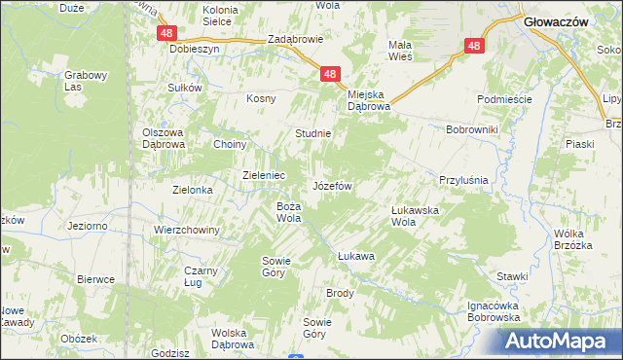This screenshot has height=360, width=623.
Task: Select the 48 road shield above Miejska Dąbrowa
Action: coord(331,74)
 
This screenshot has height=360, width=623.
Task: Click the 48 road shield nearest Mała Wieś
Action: coord(474,46)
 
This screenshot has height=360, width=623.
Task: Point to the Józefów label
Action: coord(331,185)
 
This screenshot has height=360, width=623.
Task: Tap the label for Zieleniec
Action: coord(263,175)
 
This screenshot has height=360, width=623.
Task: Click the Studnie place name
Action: coord(313,133)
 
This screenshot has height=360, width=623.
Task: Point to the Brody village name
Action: coord(340,293)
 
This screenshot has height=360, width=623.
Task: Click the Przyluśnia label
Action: coord(463,181)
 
